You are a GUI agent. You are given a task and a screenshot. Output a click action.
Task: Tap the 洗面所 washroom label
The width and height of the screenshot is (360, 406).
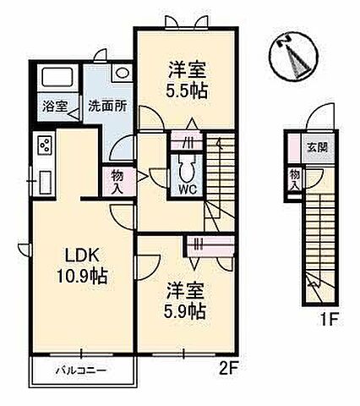(107, 107)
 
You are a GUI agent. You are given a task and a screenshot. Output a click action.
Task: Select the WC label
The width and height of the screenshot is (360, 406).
(186, 189)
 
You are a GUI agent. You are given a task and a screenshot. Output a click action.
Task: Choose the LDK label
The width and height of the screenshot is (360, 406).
(83, 254)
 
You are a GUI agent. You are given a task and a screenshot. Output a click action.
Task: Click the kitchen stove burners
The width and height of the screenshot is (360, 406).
(45, 147)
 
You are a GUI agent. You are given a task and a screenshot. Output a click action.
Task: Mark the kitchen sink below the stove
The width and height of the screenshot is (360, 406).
(45, 181)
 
